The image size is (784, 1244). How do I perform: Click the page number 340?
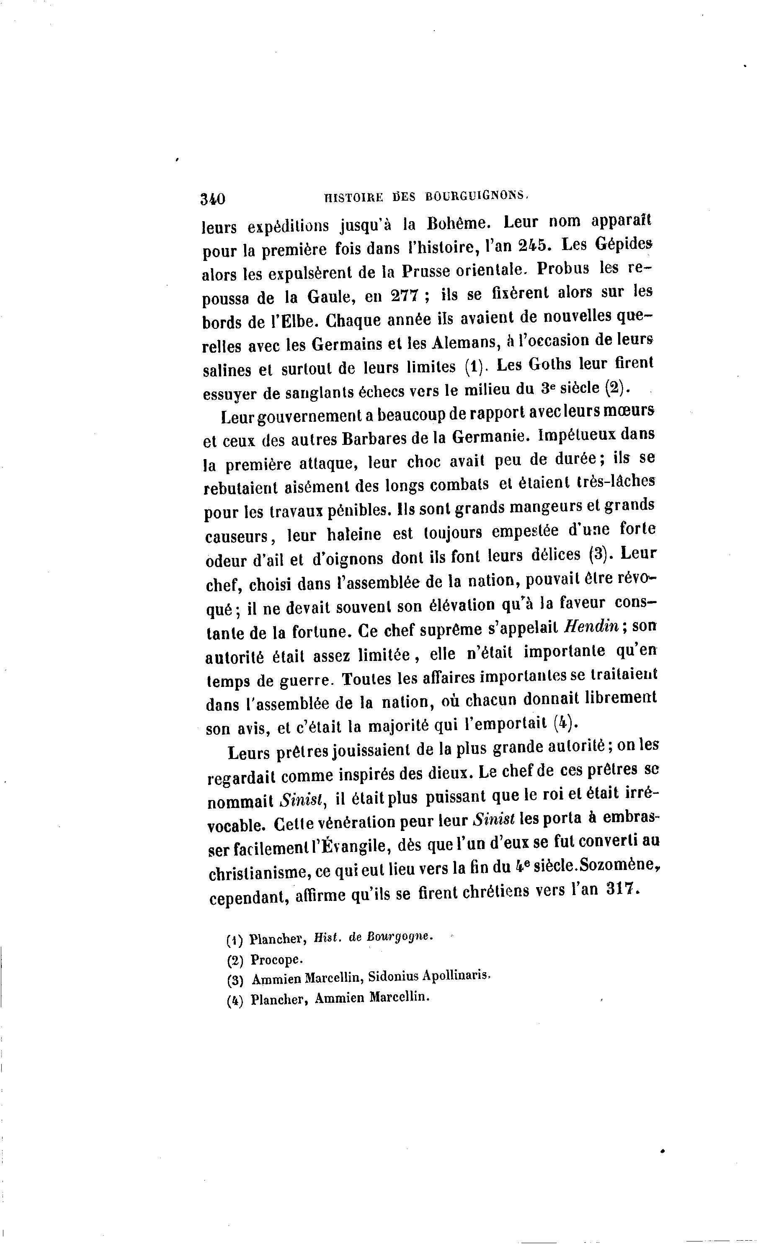[213, 199]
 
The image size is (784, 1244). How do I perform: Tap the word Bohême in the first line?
[457, 224]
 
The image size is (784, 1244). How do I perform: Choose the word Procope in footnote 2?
[274, 960]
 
